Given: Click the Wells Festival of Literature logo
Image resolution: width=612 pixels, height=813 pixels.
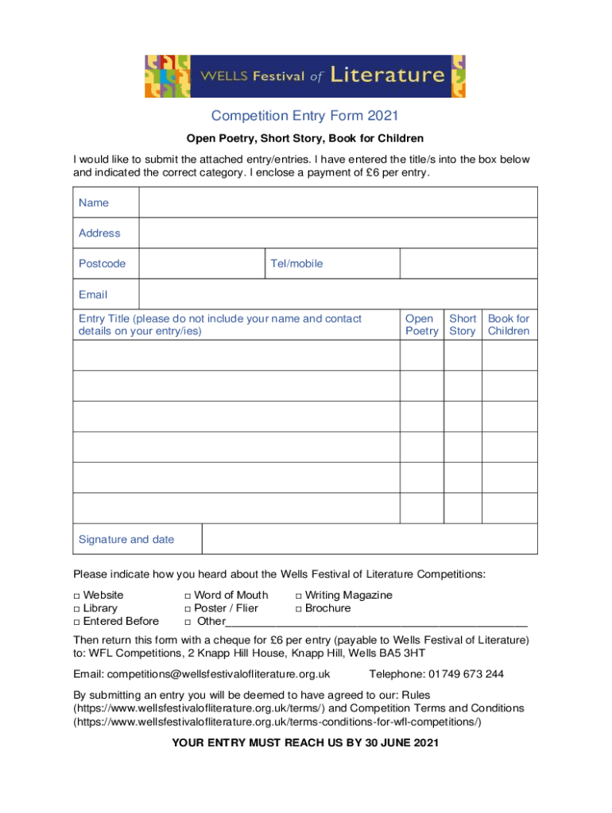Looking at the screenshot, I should (305, 76).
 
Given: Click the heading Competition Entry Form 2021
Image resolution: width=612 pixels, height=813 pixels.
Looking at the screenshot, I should (305, 118).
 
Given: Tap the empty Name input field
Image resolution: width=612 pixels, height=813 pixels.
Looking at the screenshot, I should (338, 202).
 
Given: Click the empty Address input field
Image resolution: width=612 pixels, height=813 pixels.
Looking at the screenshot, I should (338, 233).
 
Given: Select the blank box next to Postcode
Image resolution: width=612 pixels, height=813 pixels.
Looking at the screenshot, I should (201, 264).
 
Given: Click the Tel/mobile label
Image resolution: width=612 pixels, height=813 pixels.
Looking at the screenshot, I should (296, 264).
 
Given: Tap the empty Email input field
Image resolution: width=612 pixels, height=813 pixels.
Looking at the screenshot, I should (338, 295).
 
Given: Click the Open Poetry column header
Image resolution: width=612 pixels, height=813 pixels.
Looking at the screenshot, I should (420, 325).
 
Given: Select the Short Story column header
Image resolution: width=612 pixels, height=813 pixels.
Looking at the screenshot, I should (463, 325).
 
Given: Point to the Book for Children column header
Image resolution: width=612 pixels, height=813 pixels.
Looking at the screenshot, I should (509, 325).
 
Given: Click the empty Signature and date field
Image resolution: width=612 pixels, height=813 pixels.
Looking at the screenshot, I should (370, 539).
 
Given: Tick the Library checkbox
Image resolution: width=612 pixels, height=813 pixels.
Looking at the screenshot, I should (77, 609).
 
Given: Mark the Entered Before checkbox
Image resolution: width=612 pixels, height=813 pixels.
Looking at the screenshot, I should (77, 622).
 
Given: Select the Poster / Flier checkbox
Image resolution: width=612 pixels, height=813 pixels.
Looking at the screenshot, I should (188, 609).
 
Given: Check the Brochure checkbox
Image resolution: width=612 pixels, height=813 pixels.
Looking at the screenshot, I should (299, 609).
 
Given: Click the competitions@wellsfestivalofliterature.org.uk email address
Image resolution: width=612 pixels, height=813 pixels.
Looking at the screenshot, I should (219, 674).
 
